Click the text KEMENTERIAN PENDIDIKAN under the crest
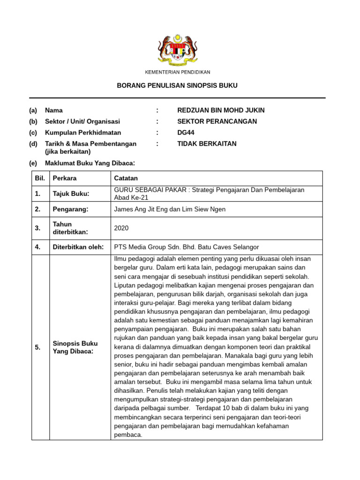pos(177,72)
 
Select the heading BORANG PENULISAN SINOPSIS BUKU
pos(177,86)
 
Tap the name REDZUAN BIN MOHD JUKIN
pos(221,111)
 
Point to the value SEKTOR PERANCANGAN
pos(217,121)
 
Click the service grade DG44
pos(186,133)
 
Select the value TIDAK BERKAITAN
pos(207,144)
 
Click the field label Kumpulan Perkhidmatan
pos(83,133)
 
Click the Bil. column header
pos(40,179)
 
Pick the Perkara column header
pos(65,179)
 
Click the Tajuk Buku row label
pos(71,194)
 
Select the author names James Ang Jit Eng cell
pos(170,210)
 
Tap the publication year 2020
pos(121,228)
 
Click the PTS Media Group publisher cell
pos(187,247)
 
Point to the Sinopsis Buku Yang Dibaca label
pos(75,347)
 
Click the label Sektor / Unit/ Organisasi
pos(82,121)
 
